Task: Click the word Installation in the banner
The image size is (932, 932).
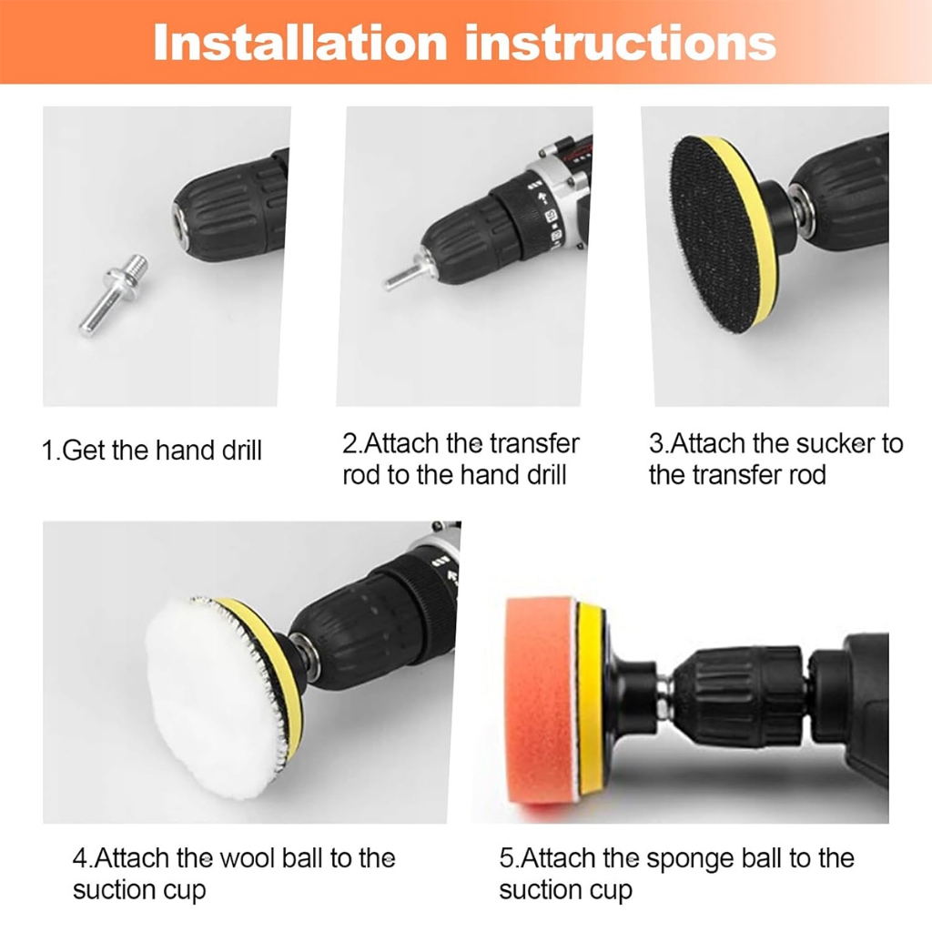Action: [300, 42]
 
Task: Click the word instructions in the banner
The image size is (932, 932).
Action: [621, 42]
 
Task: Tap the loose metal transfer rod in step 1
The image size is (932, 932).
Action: [113, 294]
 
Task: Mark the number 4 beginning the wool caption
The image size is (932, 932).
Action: [80, 858]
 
